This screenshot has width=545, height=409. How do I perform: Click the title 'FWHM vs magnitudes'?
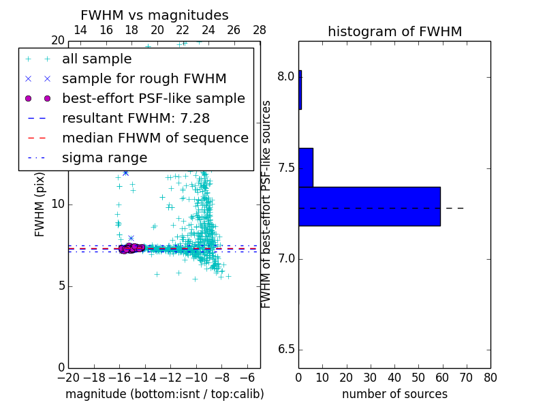coord(155,15)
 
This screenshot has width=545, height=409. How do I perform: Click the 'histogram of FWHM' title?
coord(394,31)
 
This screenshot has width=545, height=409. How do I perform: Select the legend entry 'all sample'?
coord(97,59)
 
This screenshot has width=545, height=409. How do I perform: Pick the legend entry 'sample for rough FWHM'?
coord(144,79)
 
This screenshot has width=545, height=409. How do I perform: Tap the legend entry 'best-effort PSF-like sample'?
coord(153,99)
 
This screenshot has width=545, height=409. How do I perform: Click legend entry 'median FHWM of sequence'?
coord(155,138)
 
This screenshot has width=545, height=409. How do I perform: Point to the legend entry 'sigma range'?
coord(104,158)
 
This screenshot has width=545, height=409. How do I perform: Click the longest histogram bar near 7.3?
coord(369,207)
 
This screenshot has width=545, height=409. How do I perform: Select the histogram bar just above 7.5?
coord(306,167)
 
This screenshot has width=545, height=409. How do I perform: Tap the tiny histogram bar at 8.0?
coord(300,89)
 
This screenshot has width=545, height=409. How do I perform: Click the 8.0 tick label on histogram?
coord(285,77)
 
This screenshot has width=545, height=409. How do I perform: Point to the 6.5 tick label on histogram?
coord(285,350)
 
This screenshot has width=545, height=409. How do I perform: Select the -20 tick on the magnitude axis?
coord(68,378)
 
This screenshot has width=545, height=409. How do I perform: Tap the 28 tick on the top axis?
coord(260,30)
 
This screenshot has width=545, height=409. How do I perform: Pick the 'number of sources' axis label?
coord(394,394)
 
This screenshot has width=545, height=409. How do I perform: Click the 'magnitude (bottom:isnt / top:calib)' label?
coord(164,394)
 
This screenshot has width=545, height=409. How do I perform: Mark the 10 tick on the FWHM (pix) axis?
coord(57,204)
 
